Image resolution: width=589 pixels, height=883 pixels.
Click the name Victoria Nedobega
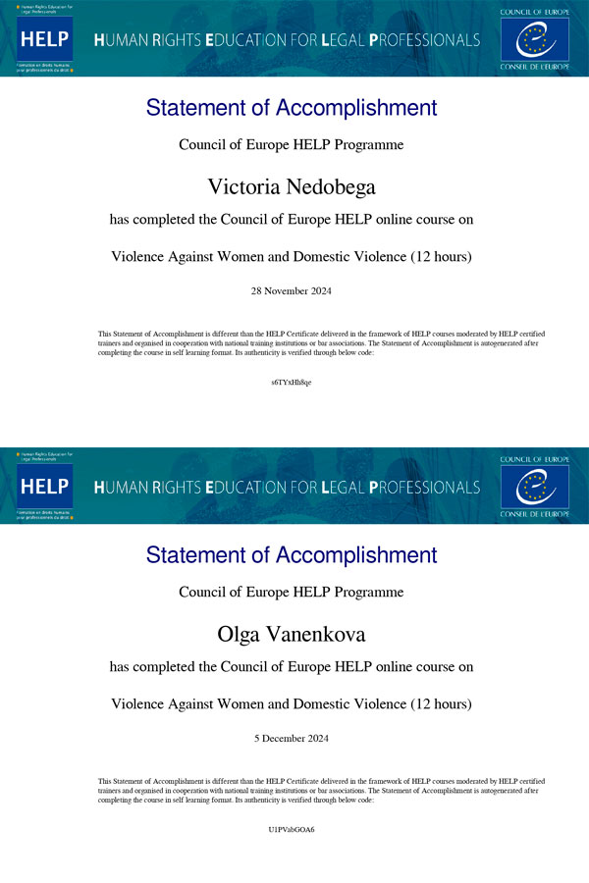[291, 186]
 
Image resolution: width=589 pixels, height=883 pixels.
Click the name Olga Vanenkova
[291, 634]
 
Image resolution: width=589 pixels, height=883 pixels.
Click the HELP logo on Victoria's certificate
[44, 39]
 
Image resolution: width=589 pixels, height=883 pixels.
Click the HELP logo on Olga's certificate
[44, 487]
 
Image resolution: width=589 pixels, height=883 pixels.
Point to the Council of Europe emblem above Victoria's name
[534, 40]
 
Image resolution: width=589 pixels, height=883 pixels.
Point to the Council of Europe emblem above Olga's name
[534, 488]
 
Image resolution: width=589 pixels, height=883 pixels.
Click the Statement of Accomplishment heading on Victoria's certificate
[291, 108]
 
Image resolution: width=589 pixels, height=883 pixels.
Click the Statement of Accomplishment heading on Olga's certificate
[291, 555]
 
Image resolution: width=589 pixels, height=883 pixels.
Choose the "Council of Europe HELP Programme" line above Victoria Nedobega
[291, 145]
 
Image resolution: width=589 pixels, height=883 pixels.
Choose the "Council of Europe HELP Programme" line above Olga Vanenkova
[291, 593]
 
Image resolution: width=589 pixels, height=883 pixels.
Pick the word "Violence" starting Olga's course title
[136, 704]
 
